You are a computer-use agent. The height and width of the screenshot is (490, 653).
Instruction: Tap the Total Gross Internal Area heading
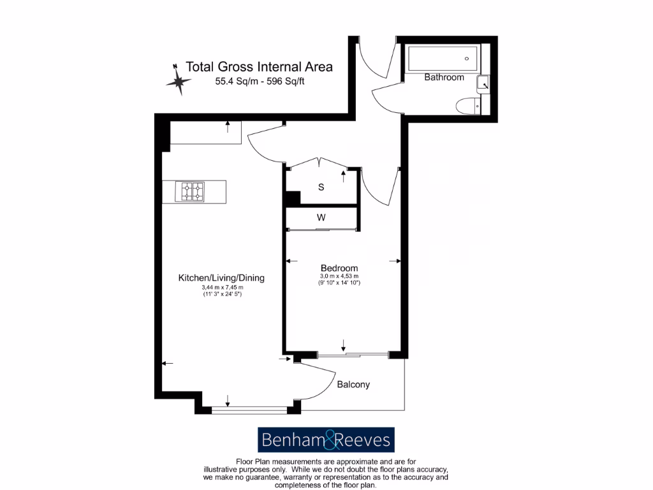click(x=259, y=67)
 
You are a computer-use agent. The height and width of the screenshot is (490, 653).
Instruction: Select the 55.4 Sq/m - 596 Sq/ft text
click(x=259, y=82)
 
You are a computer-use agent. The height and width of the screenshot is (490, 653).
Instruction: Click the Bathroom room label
click(x=444, y=77)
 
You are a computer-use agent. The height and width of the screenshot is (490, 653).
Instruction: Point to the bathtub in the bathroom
click(x=444, y=58)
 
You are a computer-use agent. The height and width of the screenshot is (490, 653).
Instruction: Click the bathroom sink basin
click(x=484, y=83)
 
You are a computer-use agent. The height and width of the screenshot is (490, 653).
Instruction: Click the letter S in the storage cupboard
click(x=321, y=188)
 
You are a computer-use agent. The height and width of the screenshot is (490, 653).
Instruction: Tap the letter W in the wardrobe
click(x=321, y=218)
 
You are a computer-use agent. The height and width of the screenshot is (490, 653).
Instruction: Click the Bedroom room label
click(x=339, y=268)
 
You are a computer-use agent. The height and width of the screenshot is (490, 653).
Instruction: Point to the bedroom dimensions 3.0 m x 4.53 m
click(x=339, y=276)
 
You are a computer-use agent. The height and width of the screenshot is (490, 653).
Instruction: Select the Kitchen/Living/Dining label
click(x=221, y=278)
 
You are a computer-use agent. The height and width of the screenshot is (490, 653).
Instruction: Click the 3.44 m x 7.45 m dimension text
click(x=221, y=288)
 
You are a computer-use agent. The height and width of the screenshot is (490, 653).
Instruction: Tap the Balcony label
click(x=353, y=385)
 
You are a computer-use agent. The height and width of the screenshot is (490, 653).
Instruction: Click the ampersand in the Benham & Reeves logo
click(x=326, y=440)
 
